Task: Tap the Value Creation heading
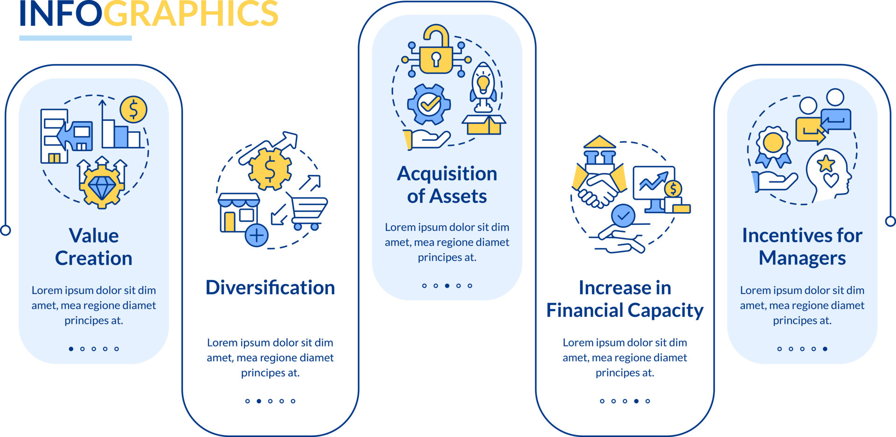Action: (x=94, y=247)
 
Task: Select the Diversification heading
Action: (x=270, y=287)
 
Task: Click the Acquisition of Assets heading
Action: (x=447, y=185)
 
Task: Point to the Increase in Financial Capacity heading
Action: (x=625, y=299)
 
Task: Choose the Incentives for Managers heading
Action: (x=802, y=247)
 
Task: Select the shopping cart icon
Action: (x=308, y=212)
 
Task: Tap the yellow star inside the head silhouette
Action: (x=826, y=163)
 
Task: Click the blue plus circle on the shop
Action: (x=257, y=235)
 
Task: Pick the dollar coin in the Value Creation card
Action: (x=133, y=110)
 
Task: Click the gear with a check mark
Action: (x=429, y=104)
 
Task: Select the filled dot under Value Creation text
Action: (x=71, y=349)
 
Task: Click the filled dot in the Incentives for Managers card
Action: (x=825, y=349)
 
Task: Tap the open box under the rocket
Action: (x=484, y=125)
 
